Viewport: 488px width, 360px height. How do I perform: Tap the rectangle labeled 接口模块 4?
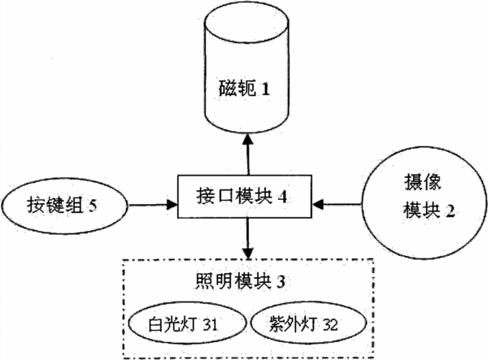245,197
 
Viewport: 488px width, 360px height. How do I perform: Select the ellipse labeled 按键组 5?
65,205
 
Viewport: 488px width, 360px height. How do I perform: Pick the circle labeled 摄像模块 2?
424,203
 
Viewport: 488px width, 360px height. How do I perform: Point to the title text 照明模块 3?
240,282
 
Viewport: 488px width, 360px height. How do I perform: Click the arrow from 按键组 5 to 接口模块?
153,205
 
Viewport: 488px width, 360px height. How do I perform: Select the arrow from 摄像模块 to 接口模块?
337,205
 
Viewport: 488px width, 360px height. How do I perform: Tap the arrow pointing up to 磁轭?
248,154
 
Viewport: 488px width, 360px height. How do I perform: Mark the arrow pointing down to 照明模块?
248,238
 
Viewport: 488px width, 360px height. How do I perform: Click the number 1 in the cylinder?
265,89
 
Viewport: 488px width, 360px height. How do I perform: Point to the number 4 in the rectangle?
282,197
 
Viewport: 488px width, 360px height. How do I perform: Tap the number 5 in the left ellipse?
93,206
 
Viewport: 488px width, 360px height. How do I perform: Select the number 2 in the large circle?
450,210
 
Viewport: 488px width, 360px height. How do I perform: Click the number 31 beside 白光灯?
210,325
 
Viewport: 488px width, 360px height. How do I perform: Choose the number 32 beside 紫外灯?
330,325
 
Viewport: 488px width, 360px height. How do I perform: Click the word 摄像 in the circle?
423,182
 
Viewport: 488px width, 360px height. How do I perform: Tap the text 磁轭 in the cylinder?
237,89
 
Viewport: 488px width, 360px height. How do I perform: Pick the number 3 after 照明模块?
281,282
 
